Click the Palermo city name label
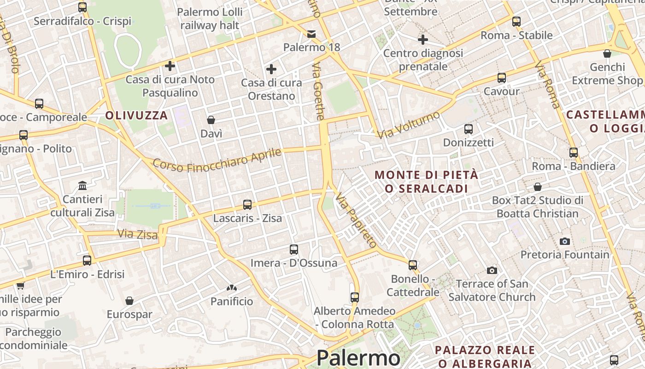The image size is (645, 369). point(358,358)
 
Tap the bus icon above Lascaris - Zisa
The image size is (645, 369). point(247,204)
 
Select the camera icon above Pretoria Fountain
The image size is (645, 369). point(565,241)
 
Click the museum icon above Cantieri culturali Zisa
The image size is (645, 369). point(82,185)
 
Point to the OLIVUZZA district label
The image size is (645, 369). point(136,115)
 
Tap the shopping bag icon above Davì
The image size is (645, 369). point(211,120)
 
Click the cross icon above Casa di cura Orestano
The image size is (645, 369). point(271,69)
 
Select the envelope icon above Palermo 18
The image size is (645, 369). point(311,34)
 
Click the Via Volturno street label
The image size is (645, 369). point(409,124)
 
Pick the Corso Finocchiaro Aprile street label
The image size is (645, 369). point(217,159)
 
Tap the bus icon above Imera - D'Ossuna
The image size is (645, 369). point(294,250)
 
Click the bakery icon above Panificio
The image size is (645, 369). point(231,288)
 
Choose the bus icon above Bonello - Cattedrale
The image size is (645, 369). point(413,265)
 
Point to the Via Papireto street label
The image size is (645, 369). point(356,220)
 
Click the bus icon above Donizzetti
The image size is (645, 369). point(469,129)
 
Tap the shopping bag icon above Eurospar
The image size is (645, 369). point(129,301)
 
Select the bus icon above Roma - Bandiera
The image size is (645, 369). point(574,152)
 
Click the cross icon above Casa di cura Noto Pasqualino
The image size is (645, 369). point(170,66)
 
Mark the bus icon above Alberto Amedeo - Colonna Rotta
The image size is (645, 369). point(354,298)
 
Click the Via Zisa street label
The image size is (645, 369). point(137,234)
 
